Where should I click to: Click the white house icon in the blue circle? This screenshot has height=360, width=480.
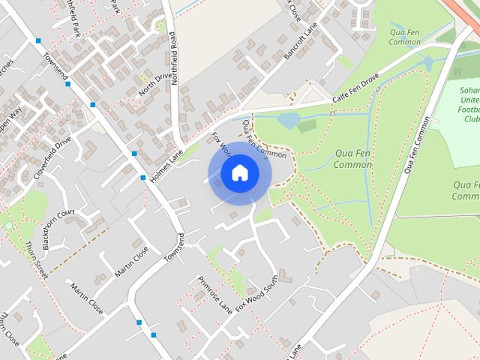pos(239,173)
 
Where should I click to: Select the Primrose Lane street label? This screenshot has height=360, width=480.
pos(214,293)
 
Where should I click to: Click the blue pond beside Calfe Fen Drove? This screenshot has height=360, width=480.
pos(289,120)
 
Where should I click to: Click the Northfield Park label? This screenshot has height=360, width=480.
pos(72,19)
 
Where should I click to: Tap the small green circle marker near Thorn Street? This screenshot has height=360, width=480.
pos(8,225)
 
